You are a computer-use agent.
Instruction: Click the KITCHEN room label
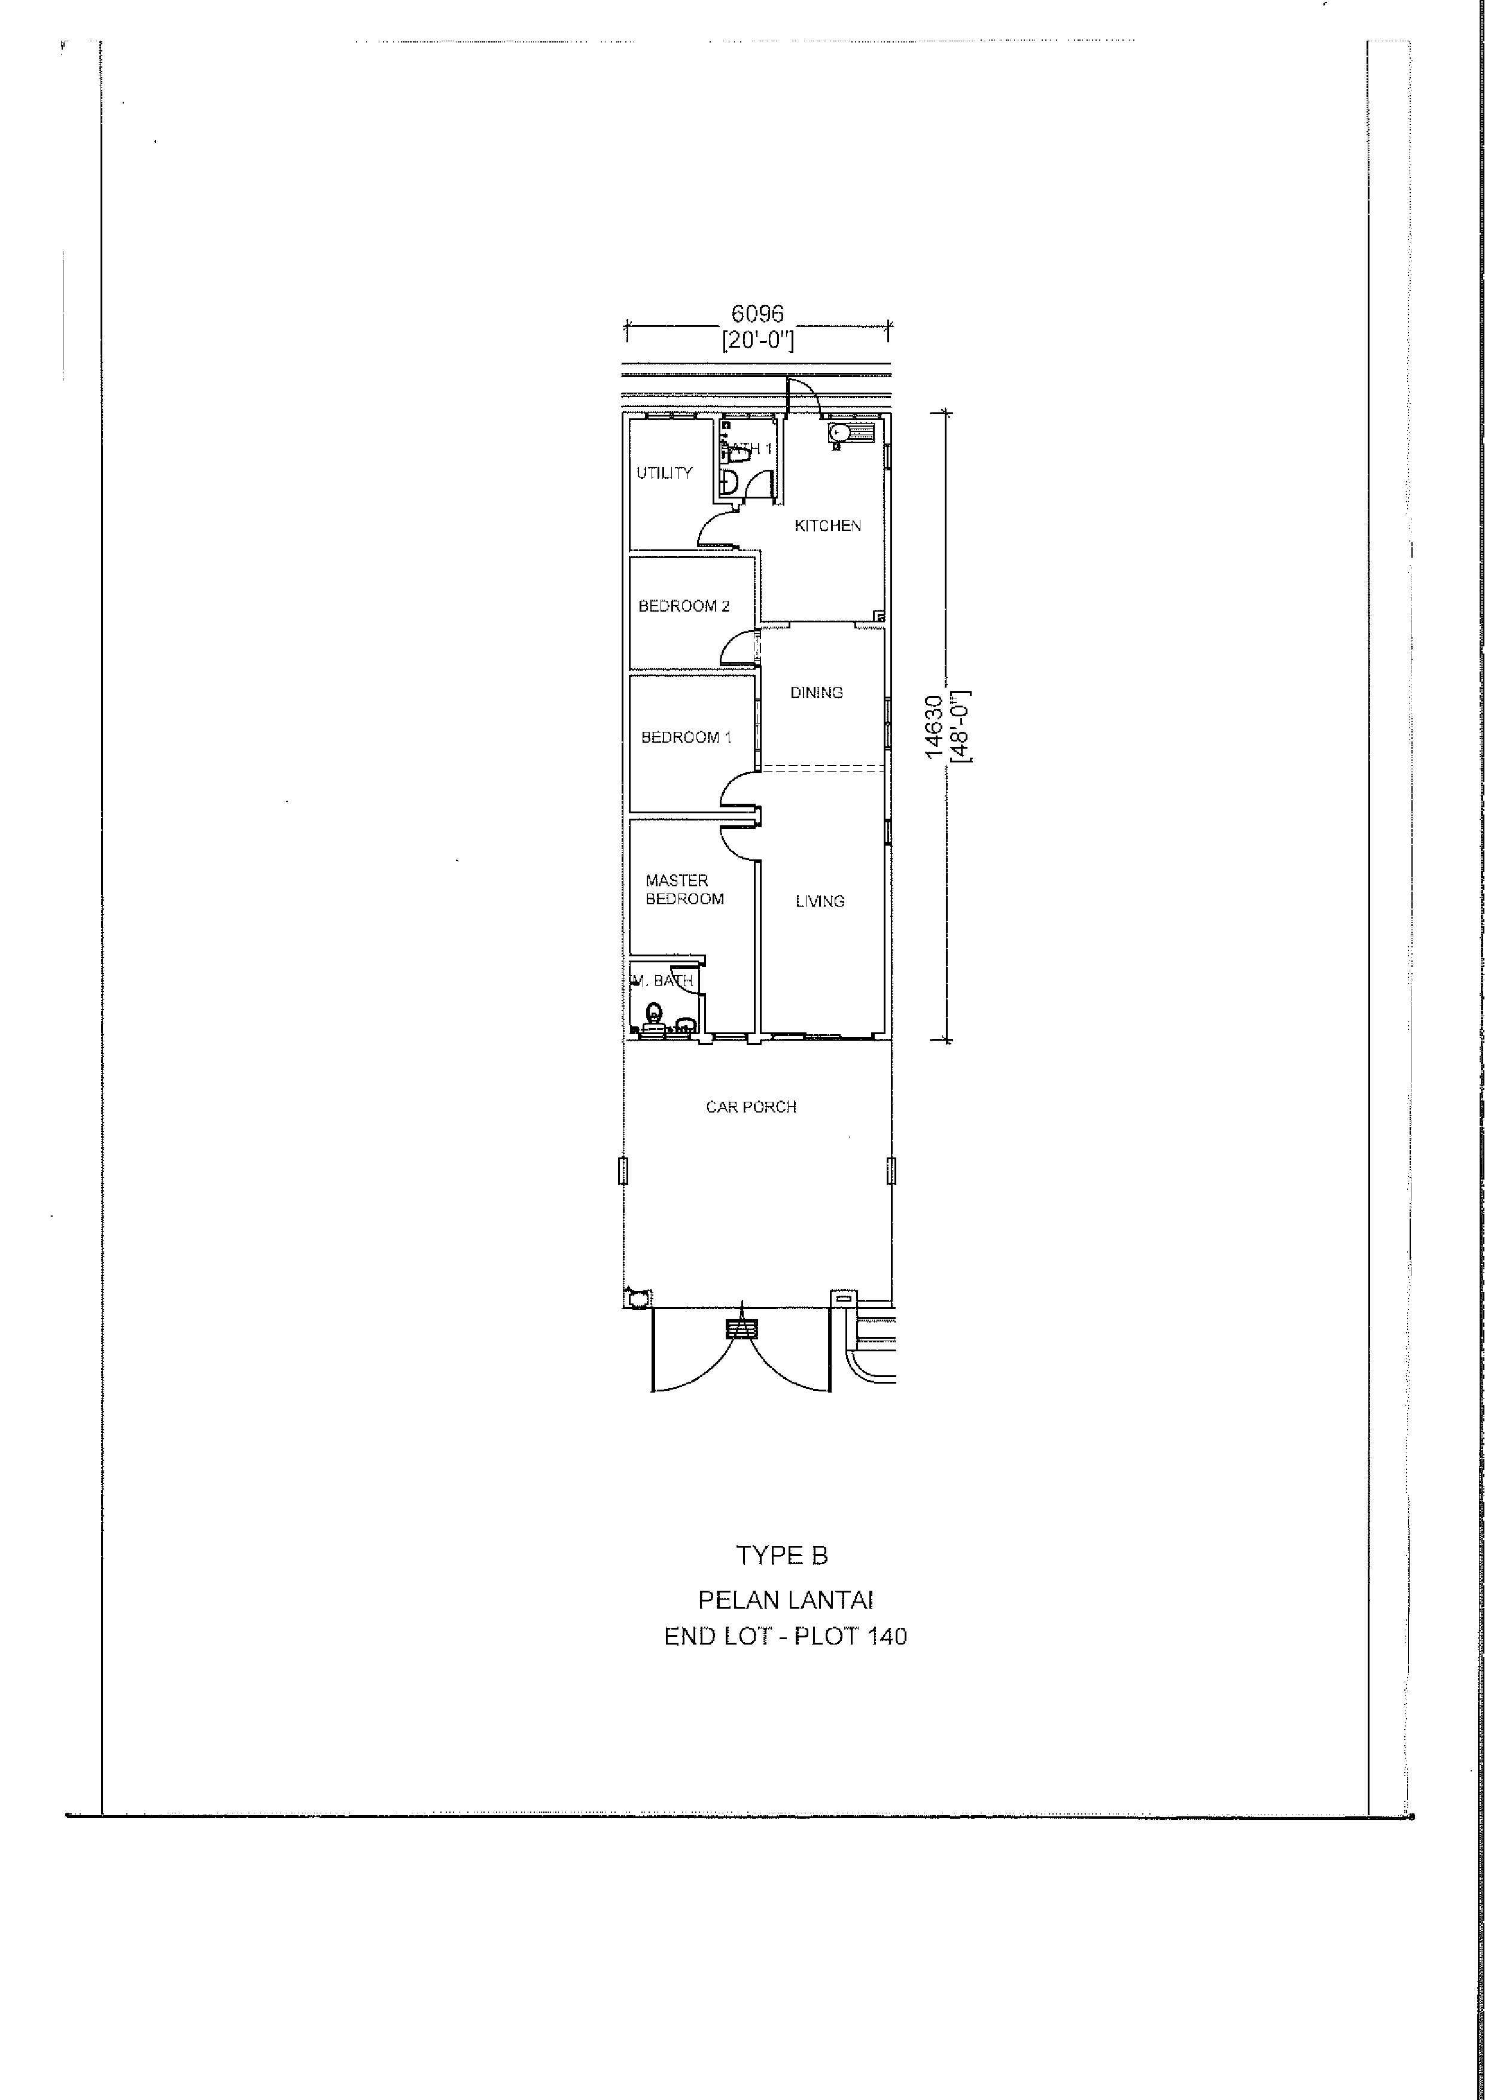[827, 526]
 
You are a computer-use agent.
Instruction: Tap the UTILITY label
[665, 473]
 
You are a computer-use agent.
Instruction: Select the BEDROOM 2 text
[684, 606]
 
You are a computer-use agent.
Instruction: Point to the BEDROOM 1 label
[686, 737]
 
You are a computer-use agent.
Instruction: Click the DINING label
[817, 692]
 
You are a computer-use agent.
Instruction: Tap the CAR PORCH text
[751, 1107]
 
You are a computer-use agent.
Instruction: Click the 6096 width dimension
[757, 314]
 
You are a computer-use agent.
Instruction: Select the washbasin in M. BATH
[684, 1025]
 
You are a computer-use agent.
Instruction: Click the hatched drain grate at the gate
[742, 1329]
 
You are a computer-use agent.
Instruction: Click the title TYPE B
[782, 1555]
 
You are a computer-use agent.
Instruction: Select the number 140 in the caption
[887, 1636]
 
